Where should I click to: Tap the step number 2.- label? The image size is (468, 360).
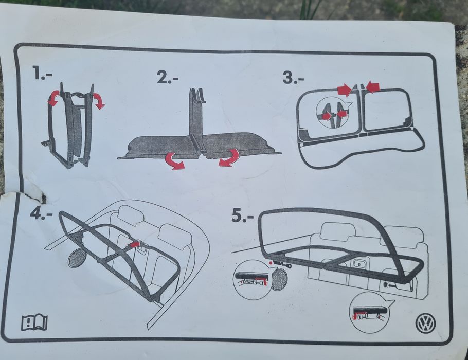click(x=168, y=78)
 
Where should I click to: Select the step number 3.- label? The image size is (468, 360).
click(x=293, y=78)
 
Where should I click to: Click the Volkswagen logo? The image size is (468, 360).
click(x=425, y=323)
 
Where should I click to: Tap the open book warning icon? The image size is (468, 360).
click(x=34, y=322)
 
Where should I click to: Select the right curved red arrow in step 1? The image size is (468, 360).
click(x=99, y=100)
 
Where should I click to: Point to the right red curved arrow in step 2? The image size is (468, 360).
click(x=229, y=158)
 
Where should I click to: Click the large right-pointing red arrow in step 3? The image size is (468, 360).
click(x=345, y=89)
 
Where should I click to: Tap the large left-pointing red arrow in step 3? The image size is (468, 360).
click(x=373, y=86)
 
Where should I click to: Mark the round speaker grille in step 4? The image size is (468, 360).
click(x=77, y=258)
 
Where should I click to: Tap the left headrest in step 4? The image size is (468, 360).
click(x=131, y=215)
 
